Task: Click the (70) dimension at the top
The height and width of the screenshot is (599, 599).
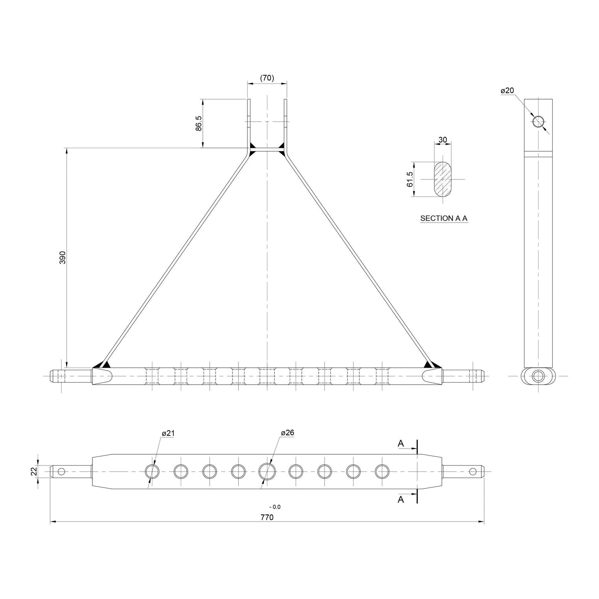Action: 267,78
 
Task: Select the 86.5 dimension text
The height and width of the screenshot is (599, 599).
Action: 198,123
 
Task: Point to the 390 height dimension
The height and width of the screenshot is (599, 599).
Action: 63,257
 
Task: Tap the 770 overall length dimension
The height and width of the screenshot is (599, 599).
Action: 267,517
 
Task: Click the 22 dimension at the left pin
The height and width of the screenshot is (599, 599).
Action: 34,471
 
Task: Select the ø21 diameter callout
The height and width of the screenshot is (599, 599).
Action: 168,433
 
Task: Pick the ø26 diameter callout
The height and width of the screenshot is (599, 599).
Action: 287,433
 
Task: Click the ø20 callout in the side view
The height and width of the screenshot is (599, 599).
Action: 507,91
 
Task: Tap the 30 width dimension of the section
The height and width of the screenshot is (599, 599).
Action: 443,140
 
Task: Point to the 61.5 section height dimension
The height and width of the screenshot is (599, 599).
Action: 410,179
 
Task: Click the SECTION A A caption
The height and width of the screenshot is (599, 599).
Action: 444,218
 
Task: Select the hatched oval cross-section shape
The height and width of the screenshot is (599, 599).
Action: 443,179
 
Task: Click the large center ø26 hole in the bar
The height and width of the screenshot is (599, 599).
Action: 267,471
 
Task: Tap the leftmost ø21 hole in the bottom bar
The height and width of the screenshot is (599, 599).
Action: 152,471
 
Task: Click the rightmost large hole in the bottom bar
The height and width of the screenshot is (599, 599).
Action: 382,471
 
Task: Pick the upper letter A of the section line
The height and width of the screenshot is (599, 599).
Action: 401,444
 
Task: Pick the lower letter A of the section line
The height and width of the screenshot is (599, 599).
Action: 401,500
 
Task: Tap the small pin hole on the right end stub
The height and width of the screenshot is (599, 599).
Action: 473,471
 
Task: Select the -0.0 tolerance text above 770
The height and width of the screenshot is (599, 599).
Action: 275,507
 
